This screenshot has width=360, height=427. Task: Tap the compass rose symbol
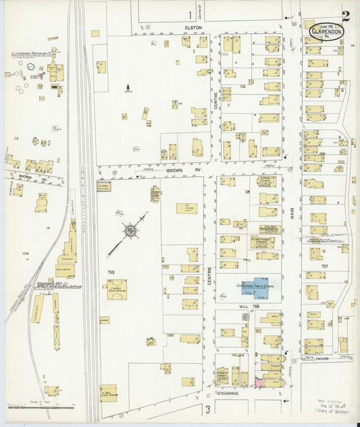coord(128,232)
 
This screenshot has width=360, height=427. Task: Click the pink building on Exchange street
coord(259,382)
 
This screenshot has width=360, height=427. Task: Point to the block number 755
coord(111,272)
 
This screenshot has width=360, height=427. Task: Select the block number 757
coord(325,266)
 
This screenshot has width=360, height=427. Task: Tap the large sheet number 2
coord(346,17)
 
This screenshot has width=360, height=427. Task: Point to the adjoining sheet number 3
coord(209,409)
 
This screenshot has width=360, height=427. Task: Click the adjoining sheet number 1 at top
coord(190,14)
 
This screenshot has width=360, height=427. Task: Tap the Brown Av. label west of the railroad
coord(26,176)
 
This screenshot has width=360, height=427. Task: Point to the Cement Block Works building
coord(116,290)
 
